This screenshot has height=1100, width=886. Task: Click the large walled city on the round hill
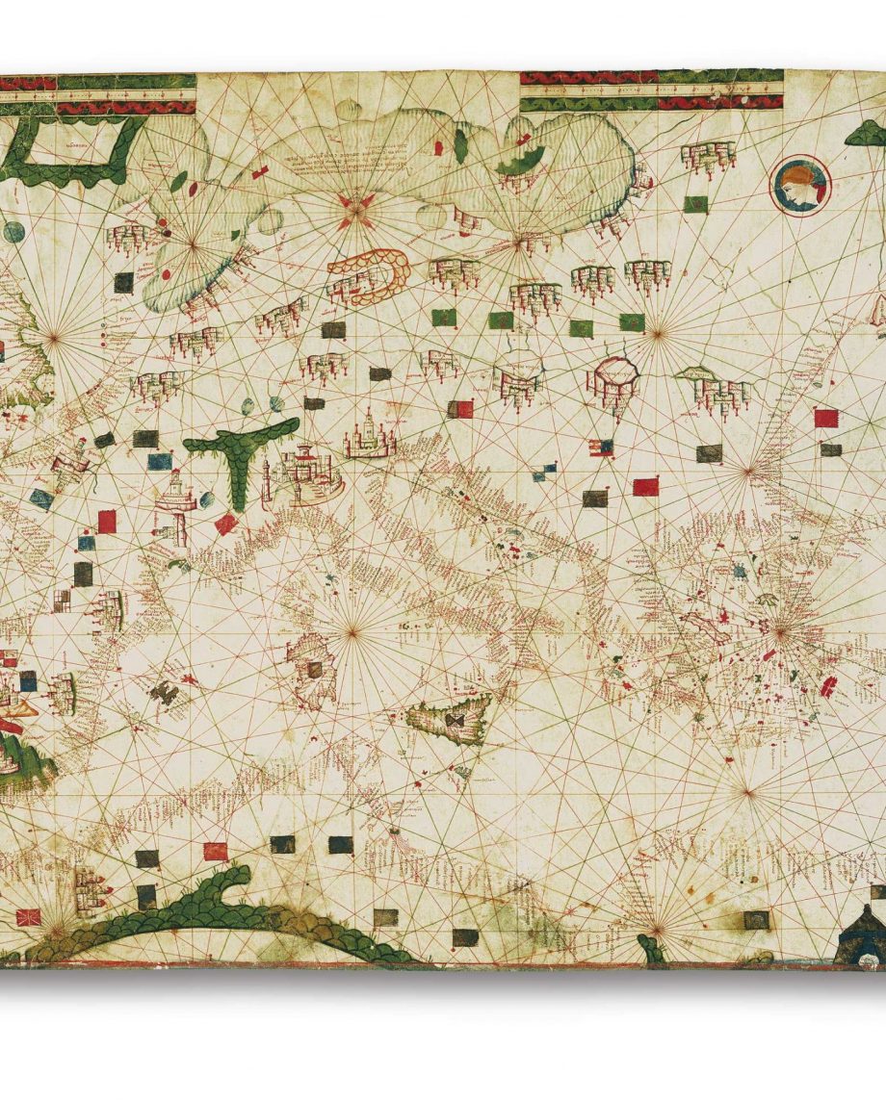[310, 473]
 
